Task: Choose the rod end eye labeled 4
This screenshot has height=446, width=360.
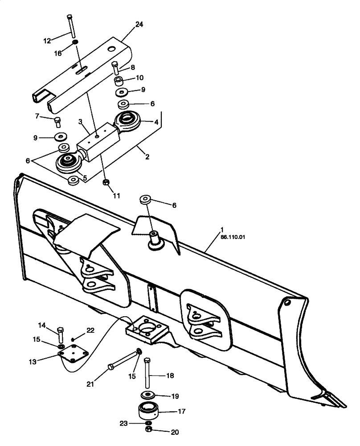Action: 129,120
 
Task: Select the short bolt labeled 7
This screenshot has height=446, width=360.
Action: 57,121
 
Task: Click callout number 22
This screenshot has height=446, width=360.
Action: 90,330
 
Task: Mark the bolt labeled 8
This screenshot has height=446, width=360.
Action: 116,67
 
